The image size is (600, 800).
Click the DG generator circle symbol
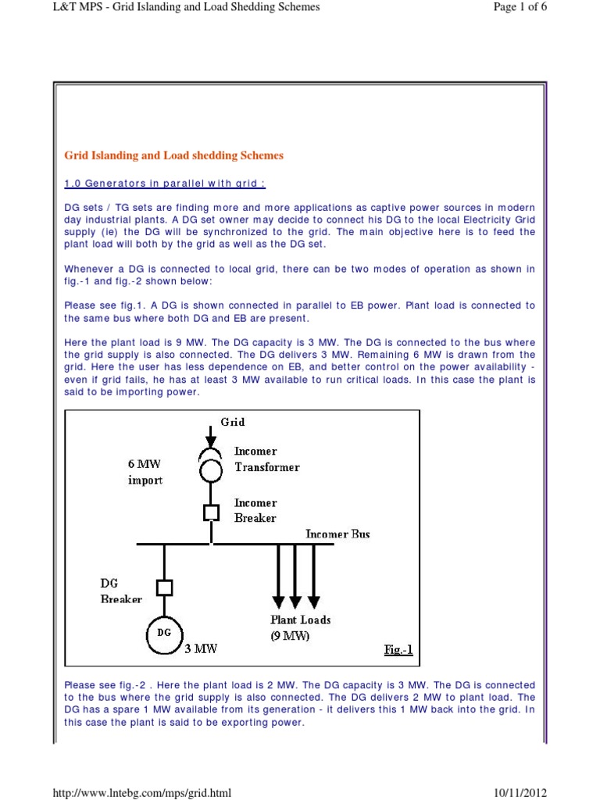[164, 633]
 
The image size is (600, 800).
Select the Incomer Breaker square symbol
[211, 512]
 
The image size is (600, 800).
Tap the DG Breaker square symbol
[164, 587]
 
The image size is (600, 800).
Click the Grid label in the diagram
[232, 422]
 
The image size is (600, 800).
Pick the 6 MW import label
[145, 472]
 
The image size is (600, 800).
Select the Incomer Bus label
[337, 534]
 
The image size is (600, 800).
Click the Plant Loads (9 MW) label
[301, 627]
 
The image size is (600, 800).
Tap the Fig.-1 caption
[398, 650]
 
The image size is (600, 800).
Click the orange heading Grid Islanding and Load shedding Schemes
[173, 155]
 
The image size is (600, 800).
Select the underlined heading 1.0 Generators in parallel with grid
[164, 184]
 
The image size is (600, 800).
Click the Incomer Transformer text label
[267, 459]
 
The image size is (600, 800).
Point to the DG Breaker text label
[121, 591]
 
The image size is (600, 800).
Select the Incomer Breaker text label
[256, 510]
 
